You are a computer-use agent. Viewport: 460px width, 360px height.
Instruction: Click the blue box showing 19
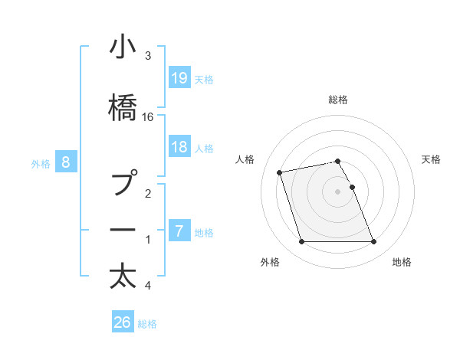[x=179, y=77]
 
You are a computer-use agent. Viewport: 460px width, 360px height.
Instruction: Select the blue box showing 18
[x=179, y=147]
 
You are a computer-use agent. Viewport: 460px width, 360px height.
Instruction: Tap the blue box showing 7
[x=179, y=231]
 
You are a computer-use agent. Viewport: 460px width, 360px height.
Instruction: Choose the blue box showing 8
[x=66, y=162]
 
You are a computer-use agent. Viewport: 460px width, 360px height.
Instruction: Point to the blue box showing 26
[x=123, y=322]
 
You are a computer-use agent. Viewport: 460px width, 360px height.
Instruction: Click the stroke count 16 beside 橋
[x=148, y=116]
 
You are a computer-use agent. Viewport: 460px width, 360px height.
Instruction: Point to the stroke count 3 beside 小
[x=148, y=56]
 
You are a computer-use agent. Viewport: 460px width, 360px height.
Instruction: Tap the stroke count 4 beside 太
[x=148, y=286]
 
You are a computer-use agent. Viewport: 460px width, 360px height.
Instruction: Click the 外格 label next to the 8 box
[x=41, y=162]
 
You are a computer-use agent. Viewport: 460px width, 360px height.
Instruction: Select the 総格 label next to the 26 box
[x=147, y=323]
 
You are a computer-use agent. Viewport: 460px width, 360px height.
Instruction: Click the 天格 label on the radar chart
[x=431, y=159]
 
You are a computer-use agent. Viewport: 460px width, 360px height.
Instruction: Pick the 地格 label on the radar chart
[x=402, y=262]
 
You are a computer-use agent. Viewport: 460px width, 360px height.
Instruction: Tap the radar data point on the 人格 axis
[x=280, y=172]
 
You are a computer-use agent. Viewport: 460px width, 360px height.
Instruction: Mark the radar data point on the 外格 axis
[x=301, y=242]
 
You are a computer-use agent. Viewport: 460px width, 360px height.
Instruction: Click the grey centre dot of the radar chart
[x=337, y=191]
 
